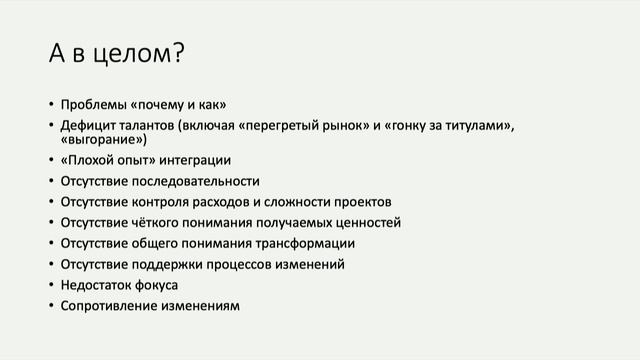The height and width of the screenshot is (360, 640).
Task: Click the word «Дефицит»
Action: pos(87,125)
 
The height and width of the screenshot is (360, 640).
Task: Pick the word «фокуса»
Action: pos(157,285)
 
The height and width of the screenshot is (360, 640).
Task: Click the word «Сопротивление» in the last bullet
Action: pos(107,306)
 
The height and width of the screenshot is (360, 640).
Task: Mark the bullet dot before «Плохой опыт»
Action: pos(51,160)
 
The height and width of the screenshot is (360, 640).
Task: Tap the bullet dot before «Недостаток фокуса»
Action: pos(51,285)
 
